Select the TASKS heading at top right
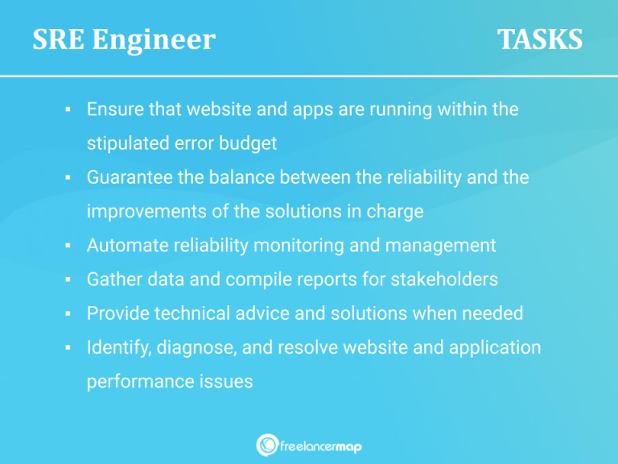[539, 39]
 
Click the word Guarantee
[130, 178]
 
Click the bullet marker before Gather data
[69, 280]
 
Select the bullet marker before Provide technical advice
[69, 313]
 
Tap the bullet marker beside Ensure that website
[69, 109]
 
